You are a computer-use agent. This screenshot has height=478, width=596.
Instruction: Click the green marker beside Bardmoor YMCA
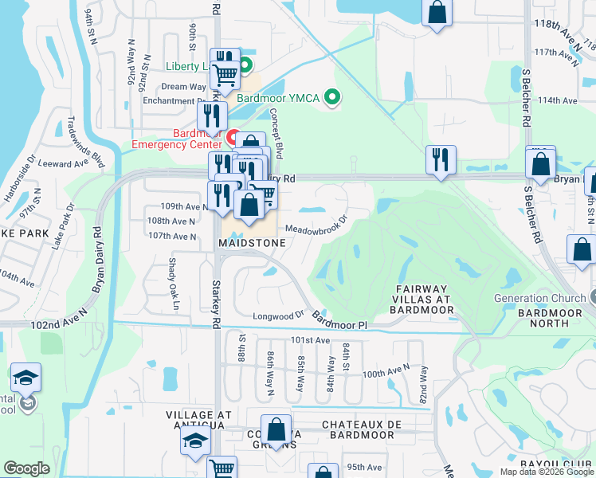334,98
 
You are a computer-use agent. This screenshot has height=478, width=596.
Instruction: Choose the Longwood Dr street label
278,315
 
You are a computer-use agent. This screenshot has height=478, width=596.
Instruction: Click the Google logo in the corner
27,468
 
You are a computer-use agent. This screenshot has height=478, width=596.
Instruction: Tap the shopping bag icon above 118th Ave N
437,13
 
